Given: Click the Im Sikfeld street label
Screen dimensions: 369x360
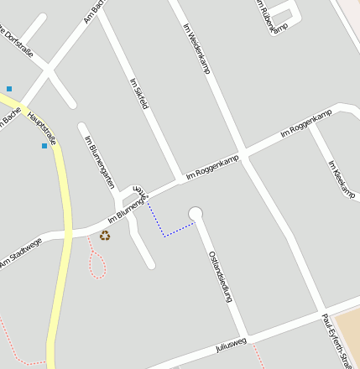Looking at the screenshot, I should [x=139, y=94].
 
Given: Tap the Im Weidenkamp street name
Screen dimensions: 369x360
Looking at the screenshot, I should [x=196, y=48].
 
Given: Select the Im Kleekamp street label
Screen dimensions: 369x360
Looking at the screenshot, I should [x=342, y=179].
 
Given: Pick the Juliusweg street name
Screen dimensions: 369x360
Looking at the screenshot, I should [x=231, y=345].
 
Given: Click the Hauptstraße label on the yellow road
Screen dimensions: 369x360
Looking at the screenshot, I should [x=41, y=127].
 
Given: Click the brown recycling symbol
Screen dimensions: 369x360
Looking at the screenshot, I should [x=105, y=236].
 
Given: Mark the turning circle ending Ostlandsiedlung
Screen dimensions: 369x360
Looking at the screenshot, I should [x=196, y=213].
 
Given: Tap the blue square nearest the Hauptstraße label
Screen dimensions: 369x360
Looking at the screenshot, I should [x=44, y=146].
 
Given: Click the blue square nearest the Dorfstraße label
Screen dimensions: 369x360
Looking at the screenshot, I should [x=9, y=88].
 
